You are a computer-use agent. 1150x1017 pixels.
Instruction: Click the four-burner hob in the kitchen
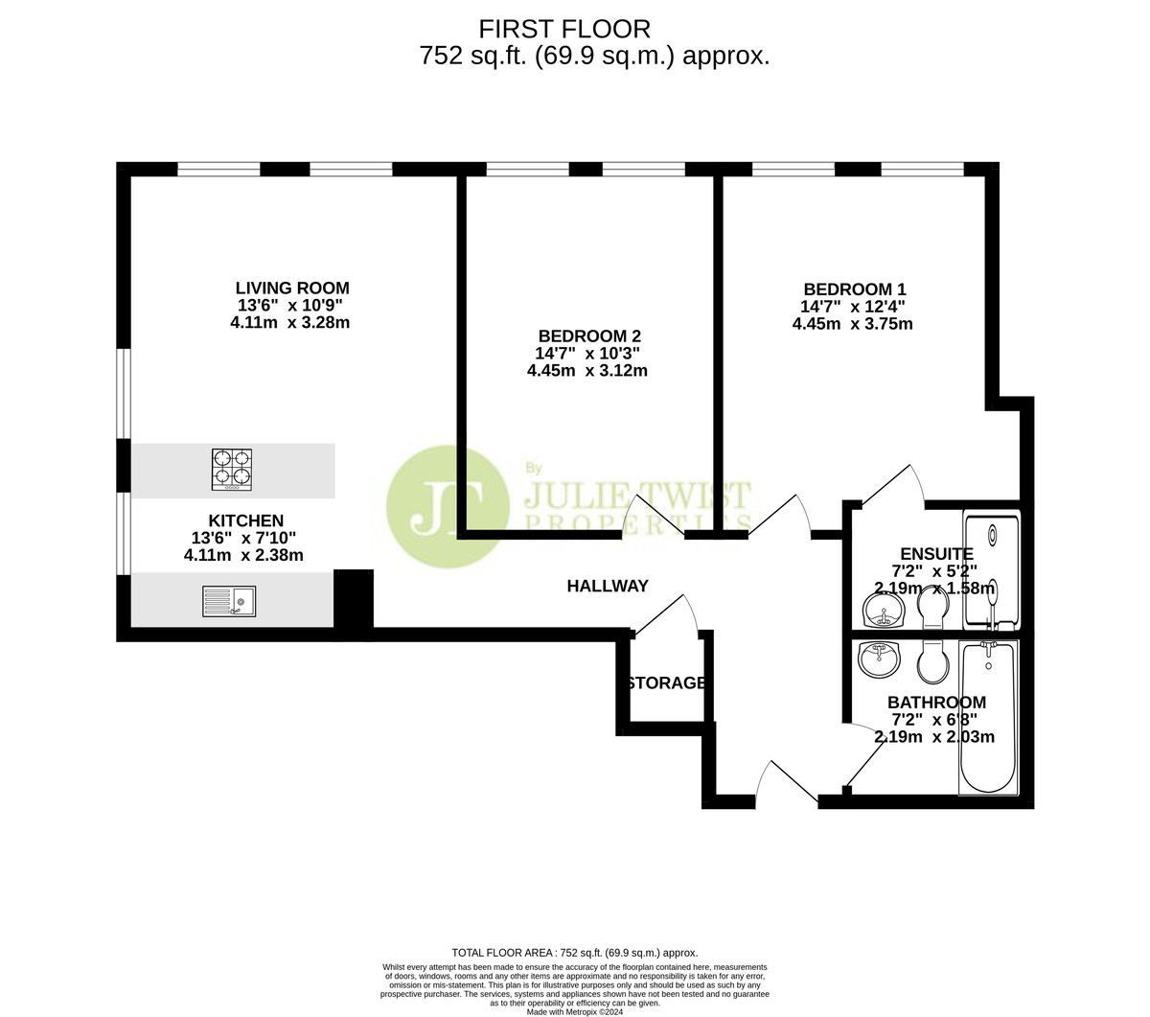click(x=232, y=471)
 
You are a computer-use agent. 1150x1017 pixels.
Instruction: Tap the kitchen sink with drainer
click(x=229, y=601)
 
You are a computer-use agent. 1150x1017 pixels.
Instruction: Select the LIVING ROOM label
click(x=292, y=288)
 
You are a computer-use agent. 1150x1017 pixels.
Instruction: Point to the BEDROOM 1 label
click(x=854, y=289)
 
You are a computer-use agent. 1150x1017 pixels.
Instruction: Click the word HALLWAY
click(x=608, y=586)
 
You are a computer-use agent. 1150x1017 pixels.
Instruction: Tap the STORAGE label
click(x=666, y=682)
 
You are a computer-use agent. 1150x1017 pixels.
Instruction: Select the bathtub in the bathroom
click(x=988, y=718)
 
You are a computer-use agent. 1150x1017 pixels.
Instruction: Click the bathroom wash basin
click(x=879, y=659)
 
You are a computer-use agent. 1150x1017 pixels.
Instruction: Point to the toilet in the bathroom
click(x=932, y=662)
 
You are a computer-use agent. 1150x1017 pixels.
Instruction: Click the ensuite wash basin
click(x=883, y=610)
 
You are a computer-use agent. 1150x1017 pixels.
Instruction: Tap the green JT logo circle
click(x=448, y=506)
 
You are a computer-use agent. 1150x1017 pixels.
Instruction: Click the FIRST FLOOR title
click(x=564, y=30)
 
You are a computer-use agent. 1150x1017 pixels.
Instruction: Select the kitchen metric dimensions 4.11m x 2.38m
click(x=243, y=555)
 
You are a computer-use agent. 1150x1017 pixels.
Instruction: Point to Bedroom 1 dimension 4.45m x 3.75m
click(x=853, y=324)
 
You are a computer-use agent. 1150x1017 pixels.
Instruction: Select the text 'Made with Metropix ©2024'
click(x=574, y=1012)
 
